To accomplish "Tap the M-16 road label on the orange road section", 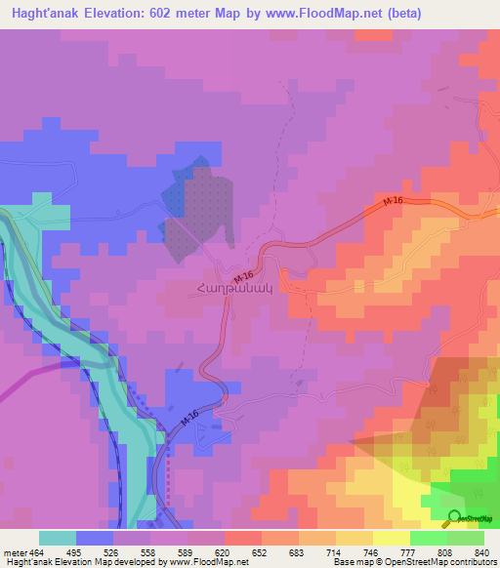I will point(392,201).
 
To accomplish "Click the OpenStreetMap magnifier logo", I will point(455,518).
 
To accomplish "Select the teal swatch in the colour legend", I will point(58,538).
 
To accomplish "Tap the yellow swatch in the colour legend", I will point(391,538).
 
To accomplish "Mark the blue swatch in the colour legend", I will point(95,538).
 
